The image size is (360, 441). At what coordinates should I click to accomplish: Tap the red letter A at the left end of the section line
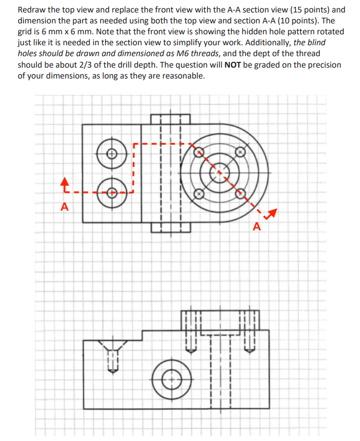click(65, 207)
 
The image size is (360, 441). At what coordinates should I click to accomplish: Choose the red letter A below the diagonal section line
click(256, 226)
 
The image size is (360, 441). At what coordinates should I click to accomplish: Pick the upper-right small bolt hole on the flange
click(240, 152)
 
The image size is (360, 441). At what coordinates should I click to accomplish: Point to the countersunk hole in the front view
click(112, 346)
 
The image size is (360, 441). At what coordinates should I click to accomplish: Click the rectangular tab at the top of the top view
click(170, 119)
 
